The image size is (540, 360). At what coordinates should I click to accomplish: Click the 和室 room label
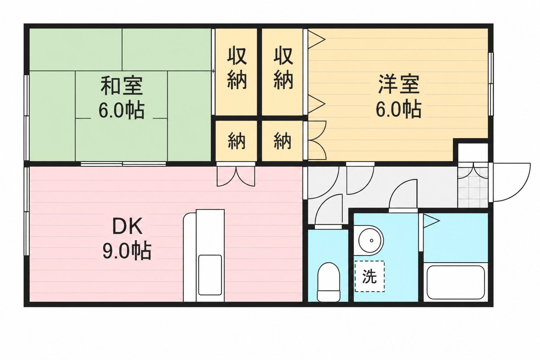coord(122,85)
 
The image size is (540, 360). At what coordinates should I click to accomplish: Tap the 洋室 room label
coord(399,84)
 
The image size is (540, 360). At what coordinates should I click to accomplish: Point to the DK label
coord(127,226)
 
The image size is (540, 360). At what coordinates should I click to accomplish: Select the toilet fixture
coord(328,282)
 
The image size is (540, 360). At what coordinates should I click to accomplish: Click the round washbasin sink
coord(371,240)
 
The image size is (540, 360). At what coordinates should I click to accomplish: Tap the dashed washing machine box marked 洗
coord(369,276)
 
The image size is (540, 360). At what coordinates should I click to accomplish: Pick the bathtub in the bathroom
coord(456,282)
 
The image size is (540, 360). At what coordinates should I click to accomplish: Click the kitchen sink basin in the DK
coord(210,275)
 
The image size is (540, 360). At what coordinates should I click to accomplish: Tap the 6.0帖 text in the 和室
coord(122,110)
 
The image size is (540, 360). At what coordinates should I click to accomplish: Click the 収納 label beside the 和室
coord(237,68)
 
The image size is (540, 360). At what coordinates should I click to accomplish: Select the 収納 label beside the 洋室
coord(283,68)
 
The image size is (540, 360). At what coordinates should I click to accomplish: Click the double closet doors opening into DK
coord(236,176)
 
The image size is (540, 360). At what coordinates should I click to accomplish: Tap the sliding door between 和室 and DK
coord(123,164)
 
